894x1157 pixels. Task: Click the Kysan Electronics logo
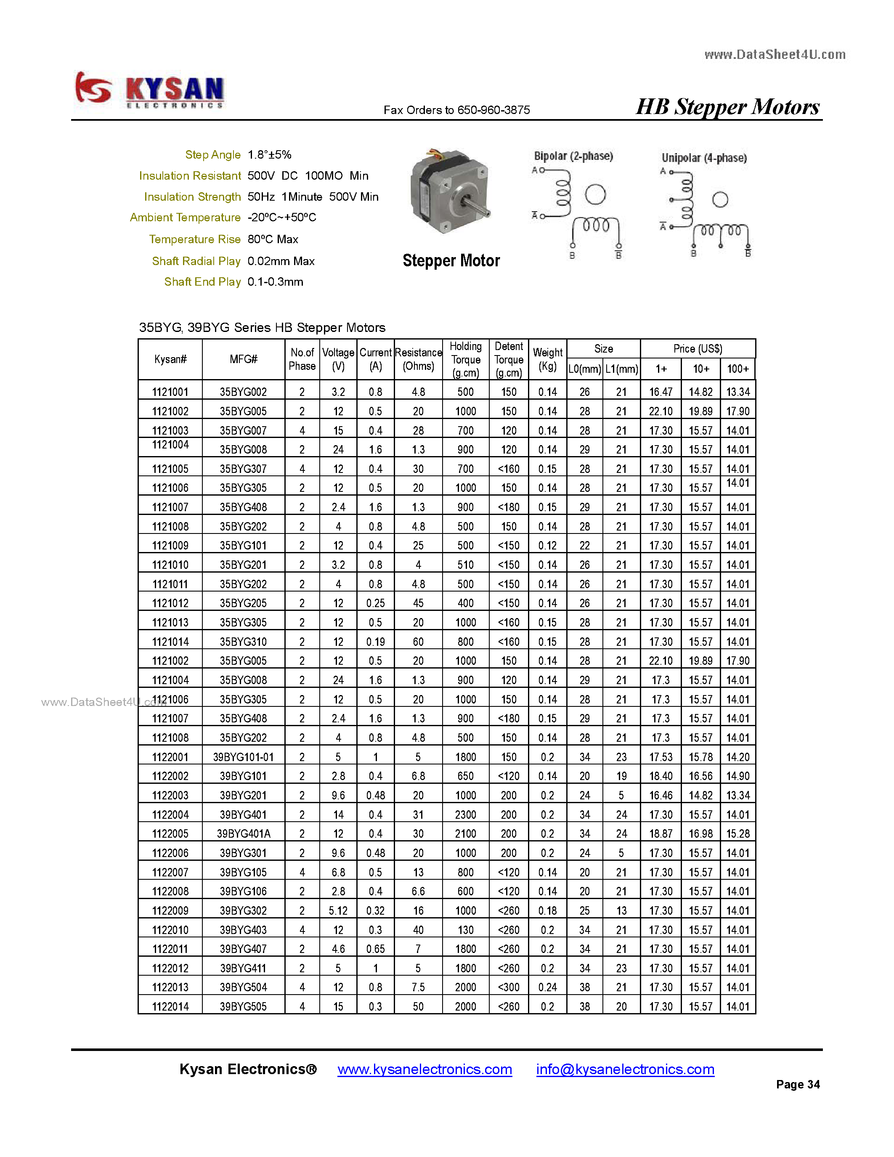tap(149, 90)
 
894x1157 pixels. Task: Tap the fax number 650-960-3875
tap(493, 110)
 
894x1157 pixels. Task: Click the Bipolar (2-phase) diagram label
tap(573, 156)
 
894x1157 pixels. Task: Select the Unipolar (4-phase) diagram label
tap(704, 158)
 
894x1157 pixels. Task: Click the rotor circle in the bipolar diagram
tap(595, 194)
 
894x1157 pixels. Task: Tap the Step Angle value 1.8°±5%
tap(269, 155)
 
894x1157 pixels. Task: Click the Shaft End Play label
tap(202, 282)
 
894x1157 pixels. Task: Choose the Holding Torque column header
tap(466, 359)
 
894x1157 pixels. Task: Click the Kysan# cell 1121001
tap(170, 392)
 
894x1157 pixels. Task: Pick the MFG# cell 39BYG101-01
tap(243, 757)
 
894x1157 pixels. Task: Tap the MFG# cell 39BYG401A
tap(243, 834)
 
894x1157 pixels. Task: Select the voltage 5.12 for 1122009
tap(338, 910)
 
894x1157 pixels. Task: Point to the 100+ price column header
tap(737, 369)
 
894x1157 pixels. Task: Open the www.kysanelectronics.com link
tap(425, 1069)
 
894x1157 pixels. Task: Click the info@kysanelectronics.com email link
tap(625, 1069)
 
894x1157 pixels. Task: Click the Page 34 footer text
tap(798, 1084)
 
